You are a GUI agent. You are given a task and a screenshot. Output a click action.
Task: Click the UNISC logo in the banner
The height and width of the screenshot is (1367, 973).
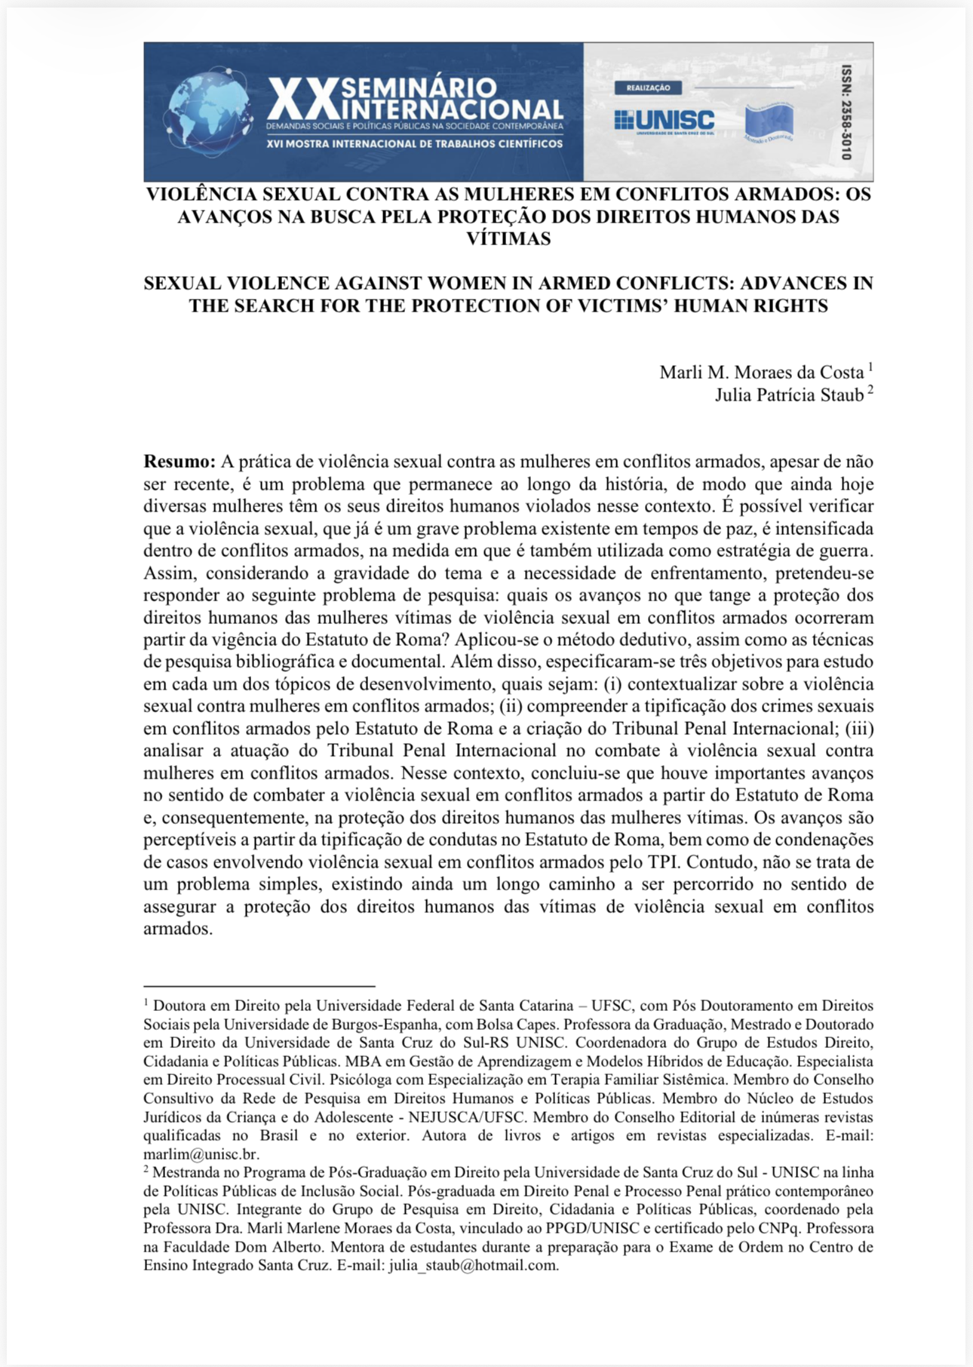tap(664, 120)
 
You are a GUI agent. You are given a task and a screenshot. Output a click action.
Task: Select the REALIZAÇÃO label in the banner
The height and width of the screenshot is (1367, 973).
tap(648, 88)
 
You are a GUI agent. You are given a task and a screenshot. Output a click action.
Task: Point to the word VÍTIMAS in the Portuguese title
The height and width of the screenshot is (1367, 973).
tap(508, 239)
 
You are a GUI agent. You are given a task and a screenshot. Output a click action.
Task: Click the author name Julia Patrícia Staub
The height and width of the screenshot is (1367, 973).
tap(789, 395)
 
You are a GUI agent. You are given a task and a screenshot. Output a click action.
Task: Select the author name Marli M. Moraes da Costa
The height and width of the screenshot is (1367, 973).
tap(761, 372)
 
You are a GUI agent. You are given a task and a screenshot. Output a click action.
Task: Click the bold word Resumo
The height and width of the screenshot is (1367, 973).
tap(180, 462)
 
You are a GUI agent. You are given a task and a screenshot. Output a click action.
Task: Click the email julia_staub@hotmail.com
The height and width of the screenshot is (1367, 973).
tap(473, 1265)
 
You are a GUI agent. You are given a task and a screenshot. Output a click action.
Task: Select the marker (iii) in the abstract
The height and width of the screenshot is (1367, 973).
tap(859, 729)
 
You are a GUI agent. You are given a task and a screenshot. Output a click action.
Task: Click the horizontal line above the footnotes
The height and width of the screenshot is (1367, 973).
tap(259, 985)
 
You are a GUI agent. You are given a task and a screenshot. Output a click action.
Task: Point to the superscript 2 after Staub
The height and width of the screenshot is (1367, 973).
tap(870, 390)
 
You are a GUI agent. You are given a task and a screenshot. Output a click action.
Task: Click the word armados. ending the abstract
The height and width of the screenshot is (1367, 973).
tap(178, 929)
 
